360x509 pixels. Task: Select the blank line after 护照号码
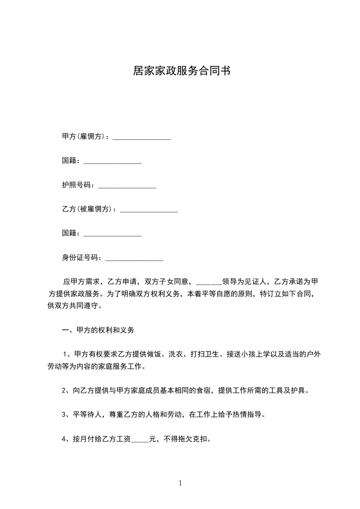coord(127,186)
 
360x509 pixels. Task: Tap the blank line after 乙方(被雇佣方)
coord(148,210)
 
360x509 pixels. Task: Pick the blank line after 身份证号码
coord(134,259)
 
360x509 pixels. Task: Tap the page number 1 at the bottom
coord(180,483)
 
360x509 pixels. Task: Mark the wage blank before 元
coord(140,440)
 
